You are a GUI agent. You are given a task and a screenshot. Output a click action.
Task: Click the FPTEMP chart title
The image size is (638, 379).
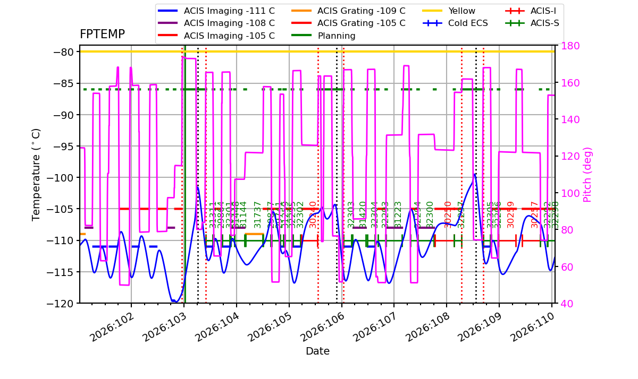(102, 35)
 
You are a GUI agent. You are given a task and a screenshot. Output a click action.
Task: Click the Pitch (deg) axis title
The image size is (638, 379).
(587, 175)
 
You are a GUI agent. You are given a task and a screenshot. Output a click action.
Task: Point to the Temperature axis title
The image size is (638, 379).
(36, 175)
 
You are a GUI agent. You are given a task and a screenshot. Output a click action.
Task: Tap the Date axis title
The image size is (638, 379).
(317, 351)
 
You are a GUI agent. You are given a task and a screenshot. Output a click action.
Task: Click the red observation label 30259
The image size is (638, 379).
(511, 214)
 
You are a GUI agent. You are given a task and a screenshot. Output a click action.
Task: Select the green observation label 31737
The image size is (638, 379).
(258, 214)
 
